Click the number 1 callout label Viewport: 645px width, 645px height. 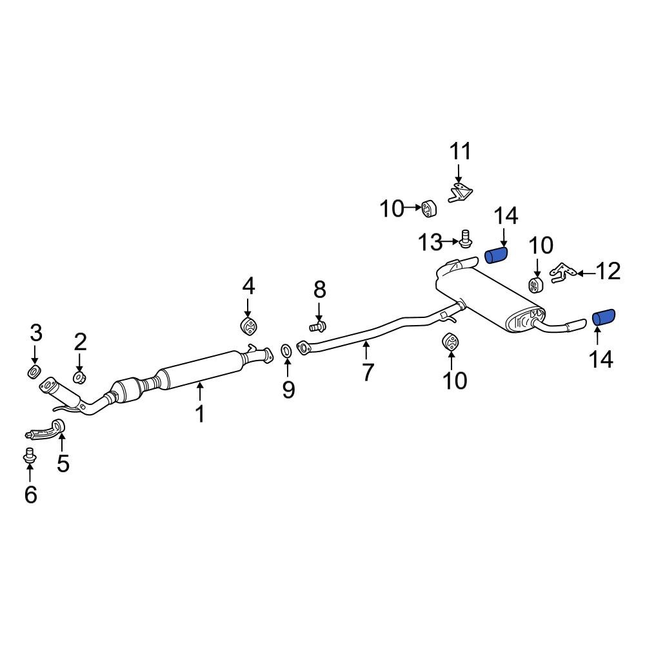[200, 413]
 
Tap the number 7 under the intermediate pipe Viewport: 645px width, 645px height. [368, 372]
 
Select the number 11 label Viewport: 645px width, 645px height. [460, 152]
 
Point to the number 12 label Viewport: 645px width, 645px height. [608, 271]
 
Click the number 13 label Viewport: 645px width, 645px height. [430, 243]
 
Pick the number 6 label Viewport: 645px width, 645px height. [30, 495]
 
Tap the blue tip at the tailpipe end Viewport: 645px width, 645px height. [604, 317]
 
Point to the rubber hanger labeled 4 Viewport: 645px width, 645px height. [248, 326]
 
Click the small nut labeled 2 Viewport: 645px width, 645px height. [79, 376]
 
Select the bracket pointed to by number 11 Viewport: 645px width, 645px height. [460, 193]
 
